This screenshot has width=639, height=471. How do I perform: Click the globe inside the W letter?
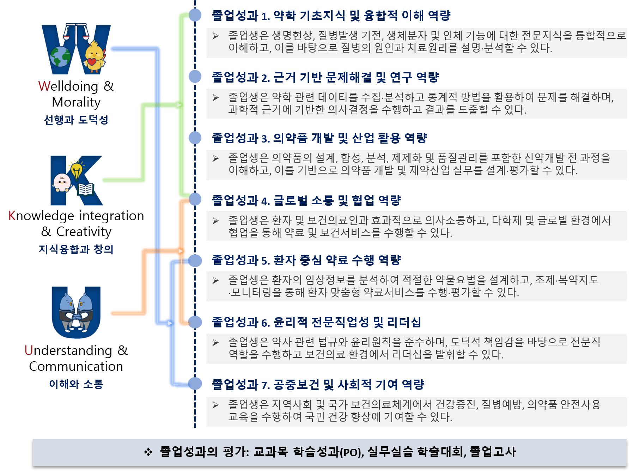pyautogui.click(x=60, y=56)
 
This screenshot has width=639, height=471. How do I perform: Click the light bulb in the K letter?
pyautogui.click(x=77, y=170)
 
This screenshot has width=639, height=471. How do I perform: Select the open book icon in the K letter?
pyautogui.click(x=85, y=189)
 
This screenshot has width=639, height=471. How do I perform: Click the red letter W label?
pyautogui.click(x=44, y=86)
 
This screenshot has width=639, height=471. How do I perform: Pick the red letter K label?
pyautogui.click(x=12, y=216)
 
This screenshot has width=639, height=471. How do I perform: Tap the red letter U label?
pyautogui.click(x=29, y=350)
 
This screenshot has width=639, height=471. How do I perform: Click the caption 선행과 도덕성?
pyautogui.click(x=76, y=120)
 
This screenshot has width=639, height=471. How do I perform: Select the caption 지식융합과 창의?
pyautogui.click(x=76, y=249)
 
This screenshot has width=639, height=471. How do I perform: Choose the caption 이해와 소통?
pyautogui.click(x=76, y=384)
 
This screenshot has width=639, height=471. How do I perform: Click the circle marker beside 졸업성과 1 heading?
pyautogui.click(x=195, y=15)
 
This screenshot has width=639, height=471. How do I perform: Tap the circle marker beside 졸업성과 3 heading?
pyautogui.click(x=195, y=138)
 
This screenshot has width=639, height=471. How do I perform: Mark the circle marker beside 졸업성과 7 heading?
pyautogui.click(x=195, y=384)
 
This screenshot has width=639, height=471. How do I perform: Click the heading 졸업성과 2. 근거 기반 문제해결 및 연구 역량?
pyautogui.click(x=325, y=77)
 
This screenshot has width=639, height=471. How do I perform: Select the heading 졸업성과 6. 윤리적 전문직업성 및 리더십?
pyautogui.click(x=316, y=322)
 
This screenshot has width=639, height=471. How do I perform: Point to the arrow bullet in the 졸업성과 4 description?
pyautogui.click(x=215, y=221)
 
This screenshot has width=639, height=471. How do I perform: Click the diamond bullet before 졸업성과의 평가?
pyautogui.click(x=148, y=452)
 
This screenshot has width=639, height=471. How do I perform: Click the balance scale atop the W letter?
pyautogui.click(x=76, y=31)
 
